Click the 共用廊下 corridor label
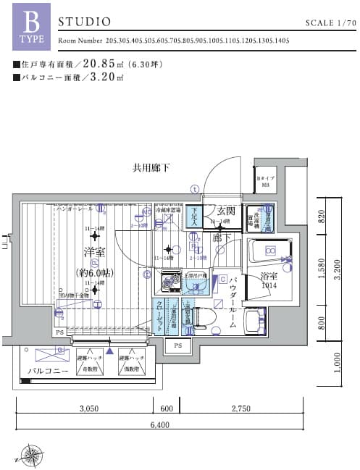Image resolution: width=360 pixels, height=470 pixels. [x=151, y=168]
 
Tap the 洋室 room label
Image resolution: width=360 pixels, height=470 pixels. [x=92, y=253]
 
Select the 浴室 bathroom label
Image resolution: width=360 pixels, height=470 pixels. [x=269, y=276]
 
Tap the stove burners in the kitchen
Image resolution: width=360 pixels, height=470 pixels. [x=171, y=280]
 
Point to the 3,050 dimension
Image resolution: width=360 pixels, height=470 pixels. [x=89, y=408]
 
